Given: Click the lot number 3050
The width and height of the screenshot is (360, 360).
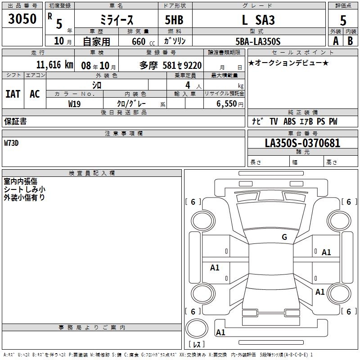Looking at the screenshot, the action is (22, 18).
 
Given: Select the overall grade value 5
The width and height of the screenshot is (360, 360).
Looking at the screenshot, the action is (343, 20).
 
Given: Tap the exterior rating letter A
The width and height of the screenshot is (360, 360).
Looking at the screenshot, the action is (336, 41).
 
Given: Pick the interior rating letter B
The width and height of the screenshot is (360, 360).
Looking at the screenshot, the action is (350, 41).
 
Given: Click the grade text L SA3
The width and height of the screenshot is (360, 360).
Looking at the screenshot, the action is (258, 20).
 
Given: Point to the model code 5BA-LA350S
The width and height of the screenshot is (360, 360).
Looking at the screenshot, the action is (258, 41).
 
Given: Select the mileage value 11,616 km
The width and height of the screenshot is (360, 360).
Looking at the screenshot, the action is (55, 65).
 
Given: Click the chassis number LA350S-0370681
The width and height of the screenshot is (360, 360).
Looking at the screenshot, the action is (302, 143).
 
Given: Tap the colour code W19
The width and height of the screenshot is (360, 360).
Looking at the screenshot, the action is (74, 104).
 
